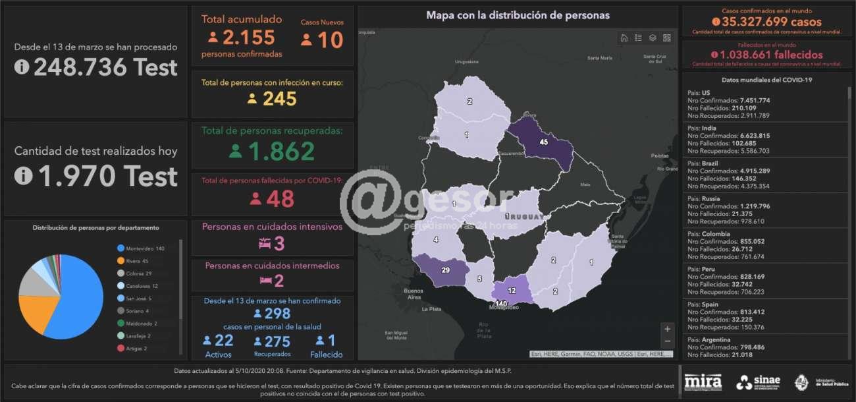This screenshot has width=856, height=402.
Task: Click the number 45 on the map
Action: (543, 142)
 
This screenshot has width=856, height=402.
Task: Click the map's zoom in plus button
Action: (668, 329)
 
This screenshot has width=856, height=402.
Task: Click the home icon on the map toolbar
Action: (624, 38)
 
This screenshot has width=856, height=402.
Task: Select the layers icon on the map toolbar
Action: (653, 38)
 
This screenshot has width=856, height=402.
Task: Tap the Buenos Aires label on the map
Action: (414, 294)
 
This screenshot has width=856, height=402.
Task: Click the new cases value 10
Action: (330, 40)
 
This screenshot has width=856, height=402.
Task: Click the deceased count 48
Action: (280, 198)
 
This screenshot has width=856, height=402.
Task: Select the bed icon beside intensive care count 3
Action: (264, 244)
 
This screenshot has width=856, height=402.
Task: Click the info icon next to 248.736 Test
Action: (22, 67)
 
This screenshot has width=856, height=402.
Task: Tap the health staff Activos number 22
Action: (224, 340)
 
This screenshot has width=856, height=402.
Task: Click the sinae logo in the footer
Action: (759, 382)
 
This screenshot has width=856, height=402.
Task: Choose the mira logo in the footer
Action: (703, 382)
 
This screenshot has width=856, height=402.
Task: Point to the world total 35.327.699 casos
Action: (771, 22)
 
